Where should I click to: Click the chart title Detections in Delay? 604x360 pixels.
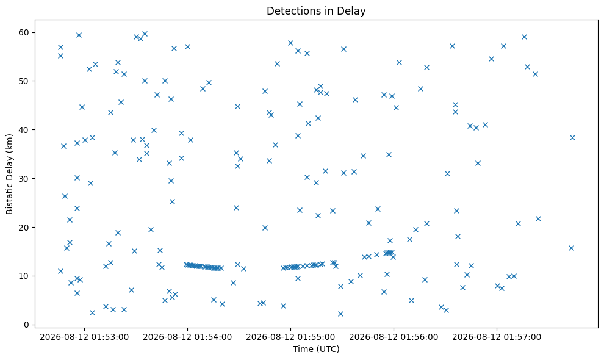pos(316,11)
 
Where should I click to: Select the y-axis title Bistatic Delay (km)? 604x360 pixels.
pos(9,174)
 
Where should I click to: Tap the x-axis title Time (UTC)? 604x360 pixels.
pos(316,349)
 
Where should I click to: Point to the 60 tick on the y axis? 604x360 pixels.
pos(24,32)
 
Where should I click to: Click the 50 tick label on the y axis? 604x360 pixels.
pos(24,81)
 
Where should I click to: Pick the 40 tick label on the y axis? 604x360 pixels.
pos(24,130)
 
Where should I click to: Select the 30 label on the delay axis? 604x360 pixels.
pos(24,178)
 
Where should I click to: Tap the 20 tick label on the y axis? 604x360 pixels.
pos(24,228)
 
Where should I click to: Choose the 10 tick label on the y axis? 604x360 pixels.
pos(24,276)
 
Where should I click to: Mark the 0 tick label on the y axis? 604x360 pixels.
pos(27,325)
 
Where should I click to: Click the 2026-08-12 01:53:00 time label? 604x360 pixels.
pos(84,337)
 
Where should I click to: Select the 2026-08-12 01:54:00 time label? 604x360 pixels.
pos(187,337)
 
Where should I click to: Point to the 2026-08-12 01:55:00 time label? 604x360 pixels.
pos(290,337)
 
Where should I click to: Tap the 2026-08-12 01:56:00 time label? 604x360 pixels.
pos(394,337)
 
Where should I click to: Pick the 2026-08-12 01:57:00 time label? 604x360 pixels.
pos(497,337)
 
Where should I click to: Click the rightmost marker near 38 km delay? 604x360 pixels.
pos(572,138)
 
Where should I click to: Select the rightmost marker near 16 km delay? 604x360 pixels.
pos(571,248)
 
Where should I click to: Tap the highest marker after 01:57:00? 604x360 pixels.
pos(524,37)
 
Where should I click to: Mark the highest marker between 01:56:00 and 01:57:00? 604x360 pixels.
pos(452,46)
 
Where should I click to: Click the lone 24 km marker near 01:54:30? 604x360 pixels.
pos(237,207)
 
